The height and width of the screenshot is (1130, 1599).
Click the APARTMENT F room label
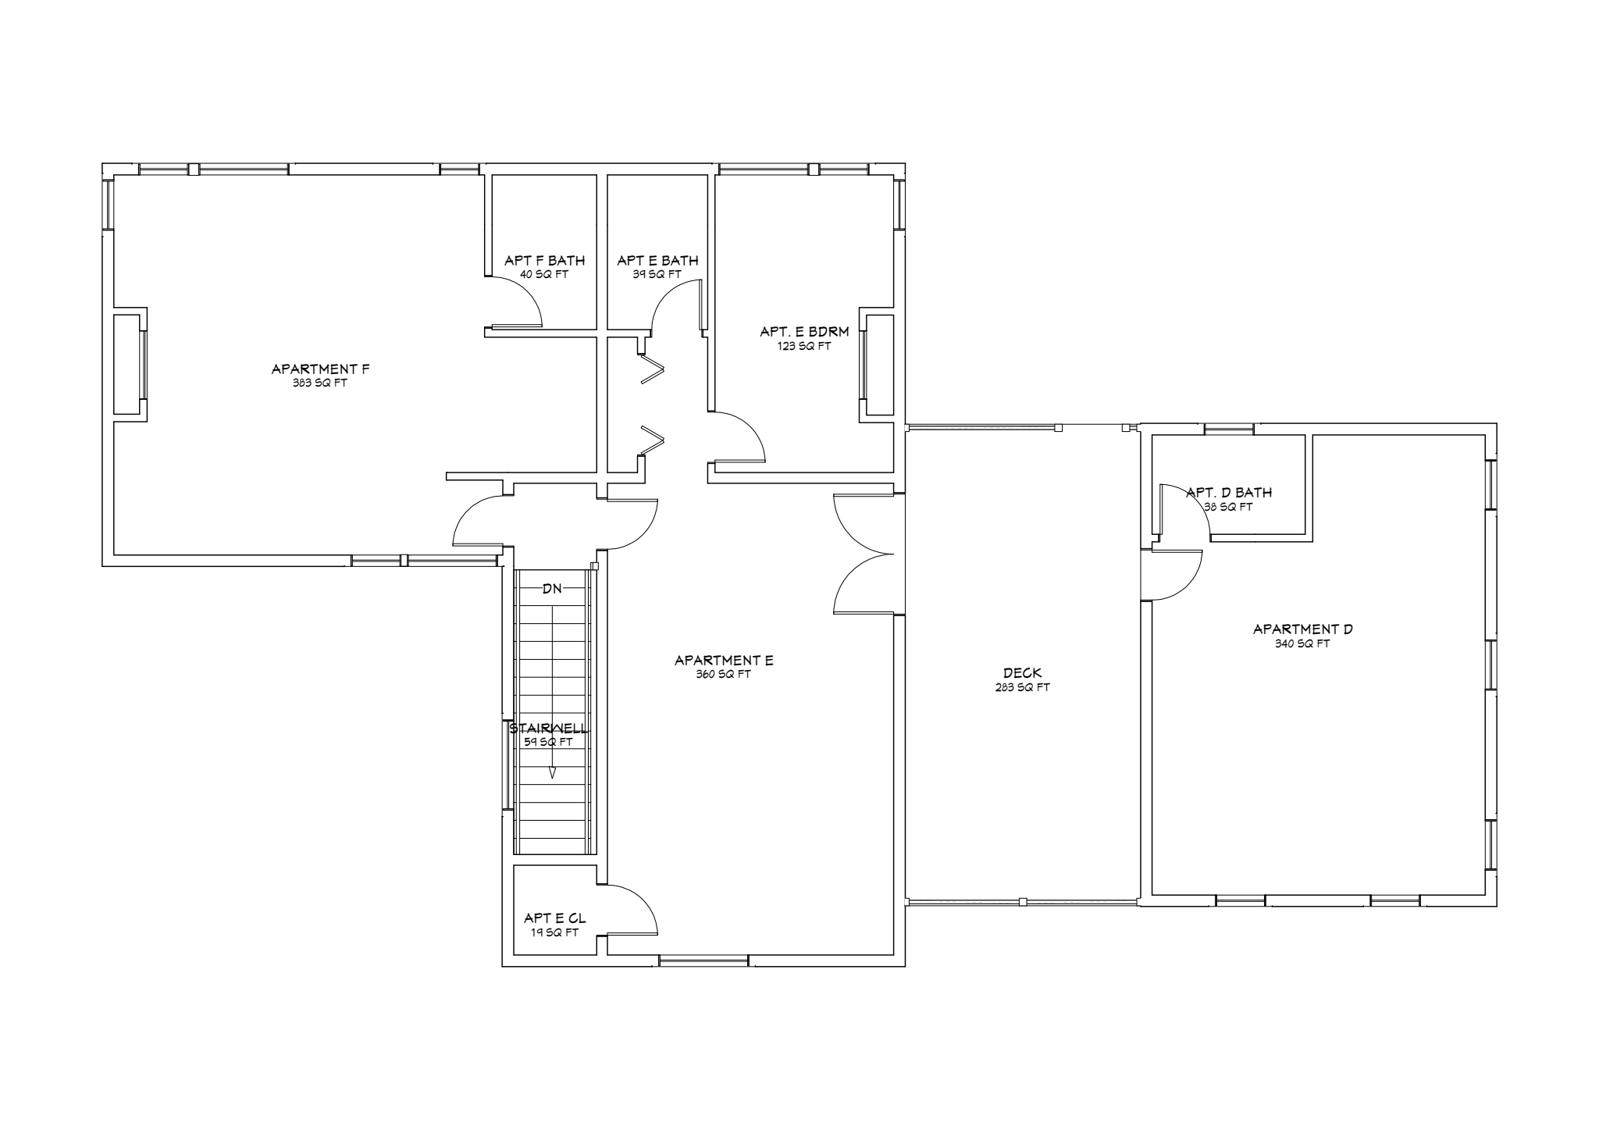pos(320,369)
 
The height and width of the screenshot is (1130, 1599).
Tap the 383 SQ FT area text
pos(320,383)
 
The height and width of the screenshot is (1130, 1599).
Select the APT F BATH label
pos(544,261)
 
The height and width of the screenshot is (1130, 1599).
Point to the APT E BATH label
pos(657,261)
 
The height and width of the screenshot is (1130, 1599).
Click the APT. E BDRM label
pos(804,332)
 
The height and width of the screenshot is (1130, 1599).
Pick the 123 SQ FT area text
pos(804,346)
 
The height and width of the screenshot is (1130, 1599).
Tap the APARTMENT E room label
pos(724,661)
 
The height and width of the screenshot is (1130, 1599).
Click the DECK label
pos(1022,673)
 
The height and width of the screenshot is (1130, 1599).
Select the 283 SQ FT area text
pos(1022,687)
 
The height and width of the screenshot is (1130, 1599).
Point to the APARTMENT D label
pos(1302,629)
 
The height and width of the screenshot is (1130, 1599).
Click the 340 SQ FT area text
pos(1302,643)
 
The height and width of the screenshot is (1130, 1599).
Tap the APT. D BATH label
pos(1229,493)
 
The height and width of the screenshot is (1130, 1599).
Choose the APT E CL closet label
pos(554,918)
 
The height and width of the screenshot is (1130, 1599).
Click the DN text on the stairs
pos(552,589)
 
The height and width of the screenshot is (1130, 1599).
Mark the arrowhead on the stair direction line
pos(553,773)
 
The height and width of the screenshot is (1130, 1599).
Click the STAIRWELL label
pos(548,729)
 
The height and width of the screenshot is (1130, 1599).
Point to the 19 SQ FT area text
pos(554,932)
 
